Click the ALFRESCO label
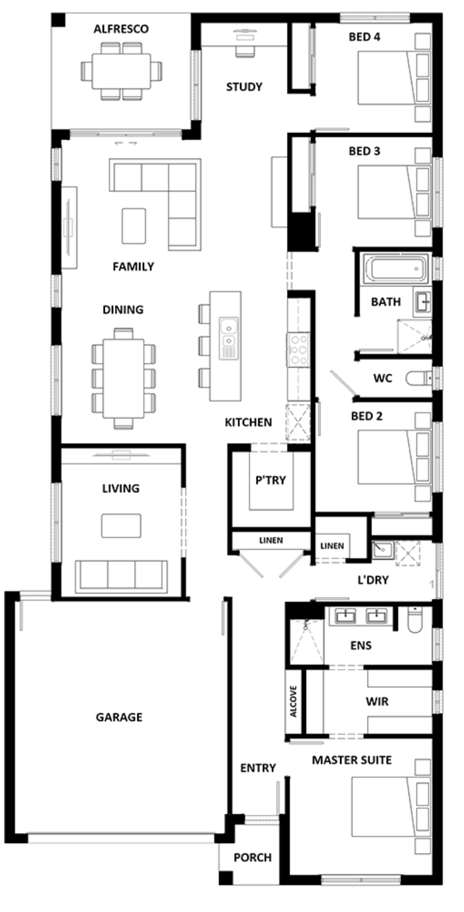(x=121, y=29)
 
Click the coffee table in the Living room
(x=121, y=526)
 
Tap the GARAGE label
(x=119, y=717)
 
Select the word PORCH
(x=252, y=858)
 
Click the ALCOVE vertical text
(x=293, y=702)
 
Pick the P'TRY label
(x=271, y=480)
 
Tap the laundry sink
(x=382, y=550)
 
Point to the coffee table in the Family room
(x=134, y=226)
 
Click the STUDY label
(x=244, y=87)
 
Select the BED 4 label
(x=364, y=37)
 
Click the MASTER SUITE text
(x=351, y=760)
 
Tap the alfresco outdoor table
(x=121, y=72)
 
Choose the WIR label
(x=377, y=702)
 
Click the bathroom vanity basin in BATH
(x=422, y=301)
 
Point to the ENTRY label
(x=258, y=768)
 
